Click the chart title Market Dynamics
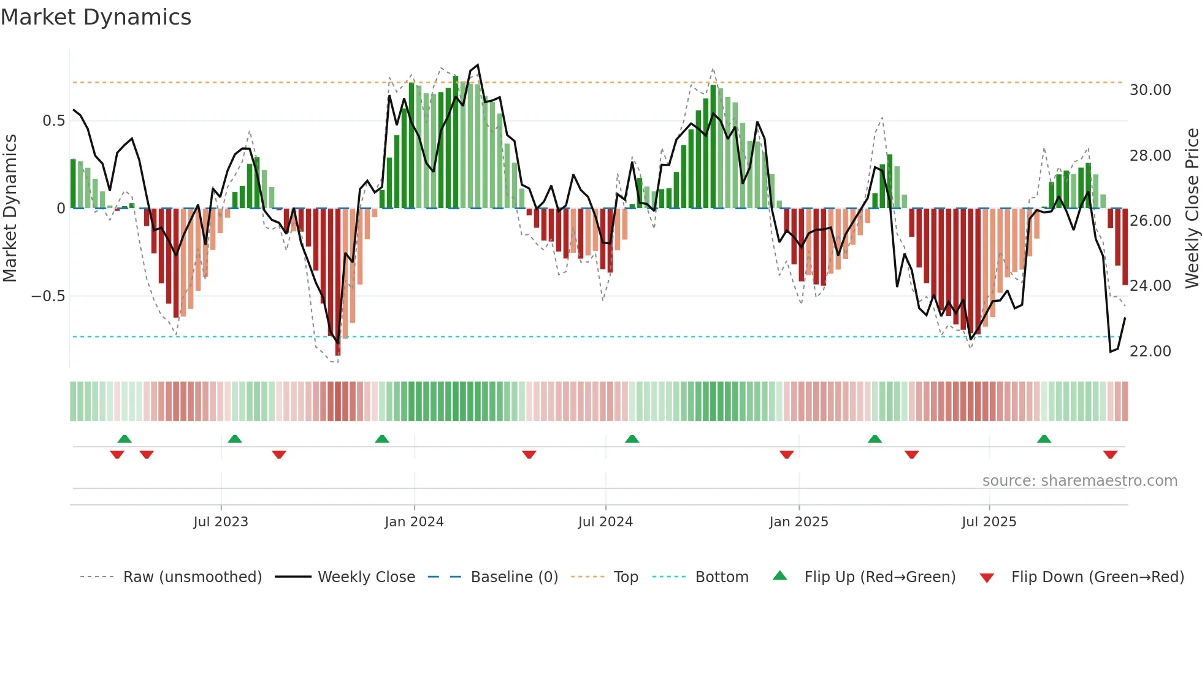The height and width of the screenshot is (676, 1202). tap(96, 17)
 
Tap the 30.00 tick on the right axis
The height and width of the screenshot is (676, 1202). tap(1150, 90)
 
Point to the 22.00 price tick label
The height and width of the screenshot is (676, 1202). tap(1150, 351)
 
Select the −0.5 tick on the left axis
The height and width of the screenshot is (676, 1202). tap(48, 296)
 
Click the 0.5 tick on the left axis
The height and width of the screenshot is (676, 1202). tap(53, 121)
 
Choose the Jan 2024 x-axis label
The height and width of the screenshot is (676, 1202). tap(414, 522)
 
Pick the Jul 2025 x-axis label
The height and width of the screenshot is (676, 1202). tap(989, 522)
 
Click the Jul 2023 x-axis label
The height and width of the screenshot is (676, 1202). tap(221, 522)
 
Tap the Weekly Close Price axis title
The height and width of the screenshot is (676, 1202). tap(1192, 209)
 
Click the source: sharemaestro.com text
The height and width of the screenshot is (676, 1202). tap(1079, 481)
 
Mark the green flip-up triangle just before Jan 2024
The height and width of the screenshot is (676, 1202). tap(382, 439)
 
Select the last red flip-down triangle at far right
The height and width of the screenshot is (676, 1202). tap(1110, 455)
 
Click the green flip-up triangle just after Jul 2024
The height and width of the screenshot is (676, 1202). tap(632, 439)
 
